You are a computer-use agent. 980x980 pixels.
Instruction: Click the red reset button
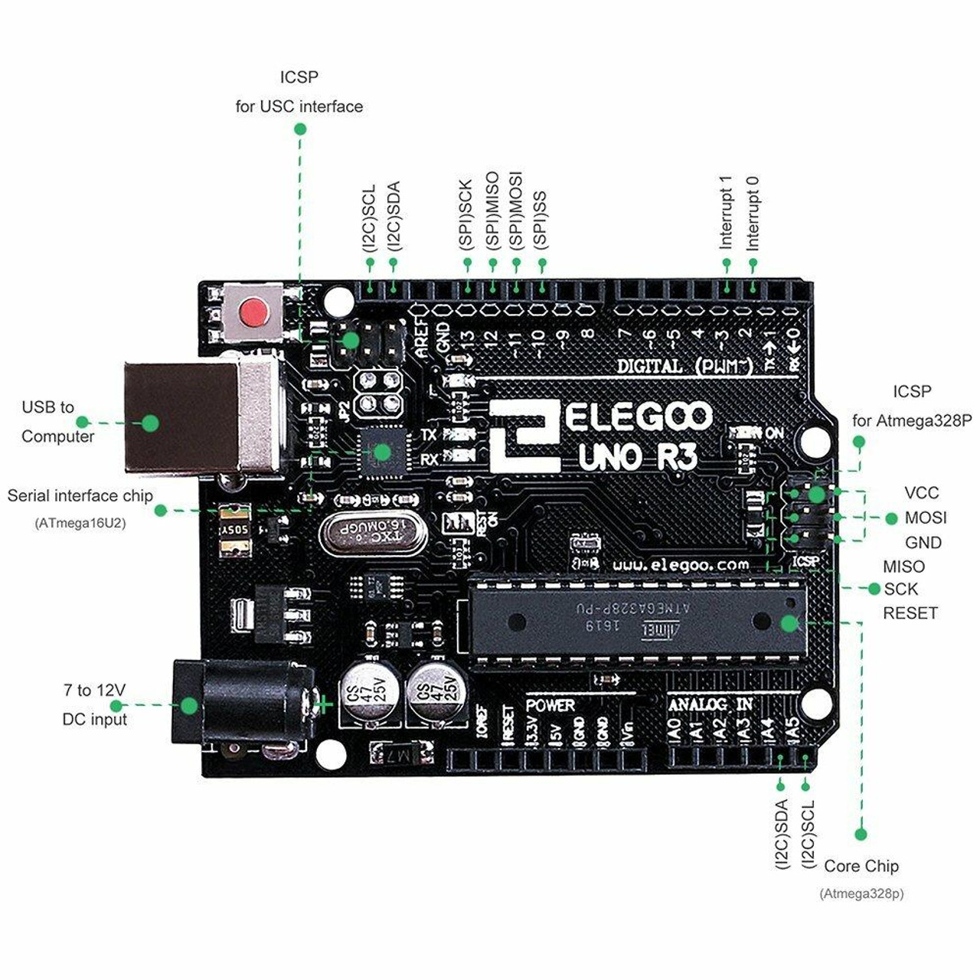pos(253,312)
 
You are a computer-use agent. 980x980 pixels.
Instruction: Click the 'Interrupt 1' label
pos(726,212)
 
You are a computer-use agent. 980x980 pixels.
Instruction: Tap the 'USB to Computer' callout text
pos(57,422)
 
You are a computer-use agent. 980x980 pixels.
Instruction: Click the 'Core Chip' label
pos(861,866)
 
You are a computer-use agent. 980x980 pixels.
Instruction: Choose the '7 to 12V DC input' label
pos(94,704)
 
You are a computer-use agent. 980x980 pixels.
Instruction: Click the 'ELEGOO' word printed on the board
pos(639,418)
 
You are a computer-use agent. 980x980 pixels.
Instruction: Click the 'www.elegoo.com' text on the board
pos(681,565)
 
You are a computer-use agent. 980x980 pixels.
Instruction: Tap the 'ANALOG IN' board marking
pos(710,704)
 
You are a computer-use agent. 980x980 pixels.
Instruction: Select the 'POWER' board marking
pos(550,705)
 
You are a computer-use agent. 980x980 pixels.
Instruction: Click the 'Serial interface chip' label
pos(80,495)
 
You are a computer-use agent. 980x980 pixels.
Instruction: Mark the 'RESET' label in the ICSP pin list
pos(910,613)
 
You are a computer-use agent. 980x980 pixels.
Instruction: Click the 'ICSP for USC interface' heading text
pos(299,92)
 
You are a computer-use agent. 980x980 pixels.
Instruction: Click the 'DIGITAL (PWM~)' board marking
pos(685,366)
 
